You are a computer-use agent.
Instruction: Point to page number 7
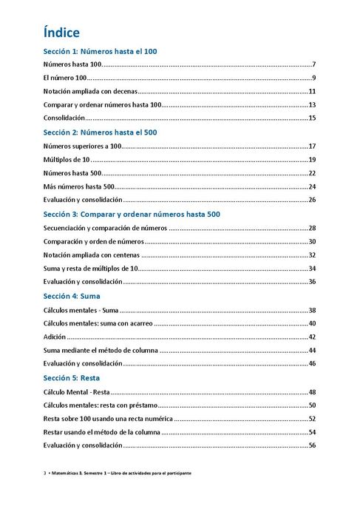314,65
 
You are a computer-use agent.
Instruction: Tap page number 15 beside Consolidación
312,118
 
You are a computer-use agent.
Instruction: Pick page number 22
312,173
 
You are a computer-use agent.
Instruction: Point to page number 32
312,254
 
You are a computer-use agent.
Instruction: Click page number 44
312,350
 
